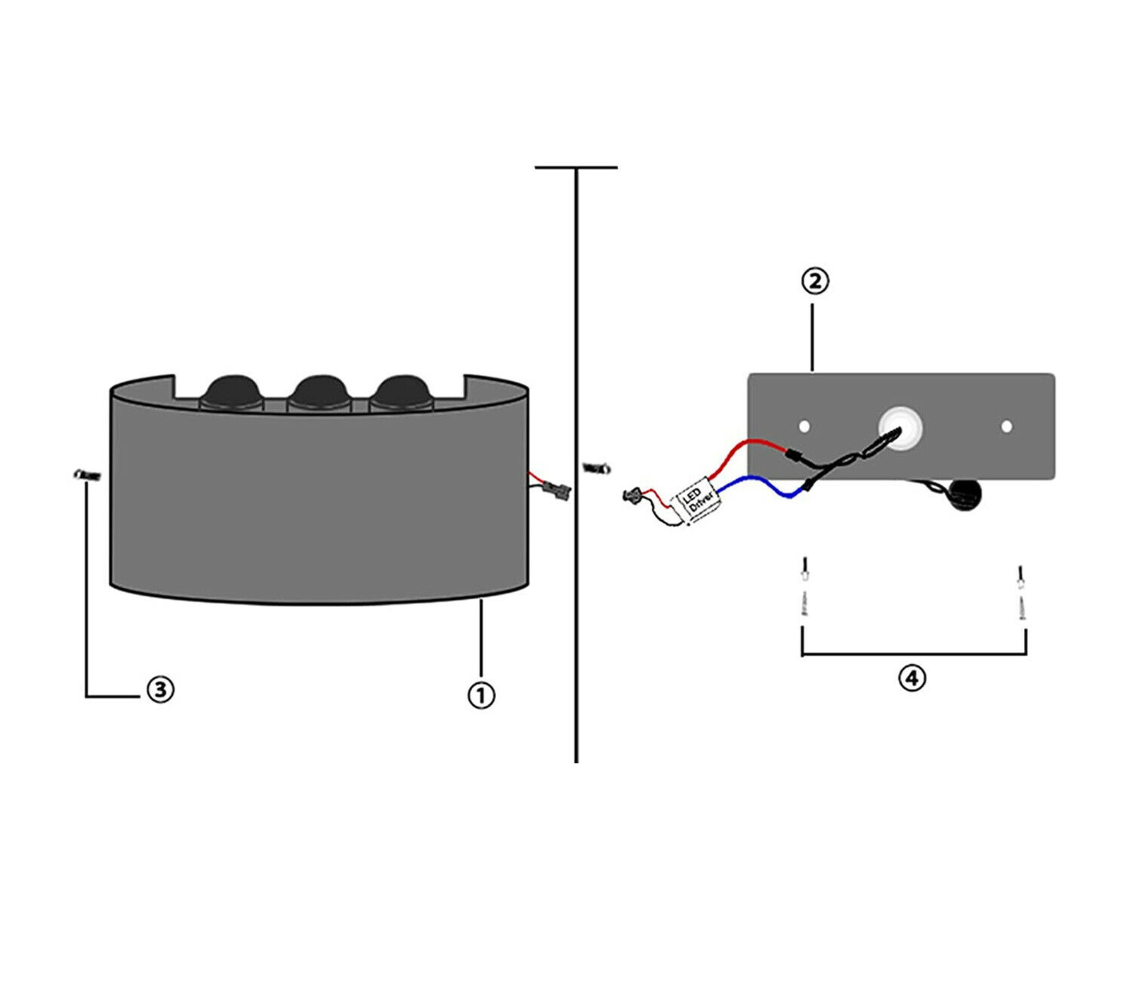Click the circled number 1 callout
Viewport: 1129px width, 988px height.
[x=481, y=695]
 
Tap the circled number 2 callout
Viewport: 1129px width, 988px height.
[x=815, y=281]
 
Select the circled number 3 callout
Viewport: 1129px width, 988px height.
[x=160, y=689]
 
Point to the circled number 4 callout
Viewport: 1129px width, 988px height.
[x=912, y=678]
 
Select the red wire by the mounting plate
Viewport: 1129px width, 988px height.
[x=748, y=447]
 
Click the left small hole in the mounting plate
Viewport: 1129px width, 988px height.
[x=804, y=426]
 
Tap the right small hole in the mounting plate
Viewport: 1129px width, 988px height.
[x=1007, y=426]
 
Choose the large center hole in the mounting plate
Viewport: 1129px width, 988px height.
[x=900, y=428]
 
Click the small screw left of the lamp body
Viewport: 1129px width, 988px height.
[x=87, y=476]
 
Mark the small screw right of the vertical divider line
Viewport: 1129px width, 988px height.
[x=597, y=468]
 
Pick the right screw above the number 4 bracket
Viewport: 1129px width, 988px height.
[x=1020, y=591]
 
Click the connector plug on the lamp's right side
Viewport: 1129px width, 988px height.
[x=557, y=490]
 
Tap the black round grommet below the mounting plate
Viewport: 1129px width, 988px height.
[x=963, y=495]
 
